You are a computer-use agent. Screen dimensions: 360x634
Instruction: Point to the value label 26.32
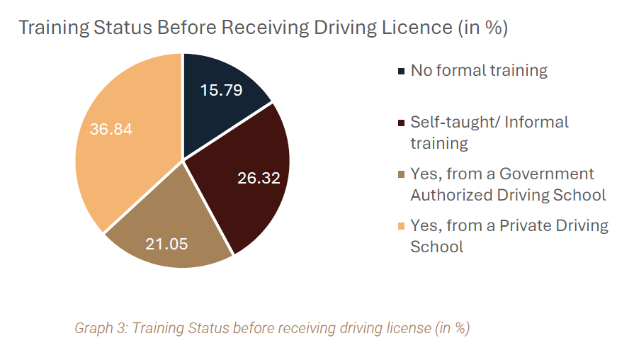[x=259, y=178]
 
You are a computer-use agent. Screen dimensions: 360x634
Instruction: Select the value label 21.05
[x=166, y=244]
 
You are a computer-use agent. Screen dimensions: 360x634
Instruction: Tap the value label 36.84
[x=111, y=130]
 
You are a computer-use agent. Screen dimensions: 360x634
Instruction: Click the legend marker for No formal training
[x=402, y=71]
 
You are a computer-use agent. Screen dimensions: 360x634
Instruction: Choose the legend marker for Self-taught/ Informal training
[x=402, y=123]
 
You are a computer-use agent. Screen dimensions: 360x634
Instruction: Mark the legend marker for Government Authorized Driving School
[x=402, y=174]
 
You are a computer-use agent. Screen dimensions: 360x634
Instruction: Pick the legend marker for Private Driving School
[x=402, y=226]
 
